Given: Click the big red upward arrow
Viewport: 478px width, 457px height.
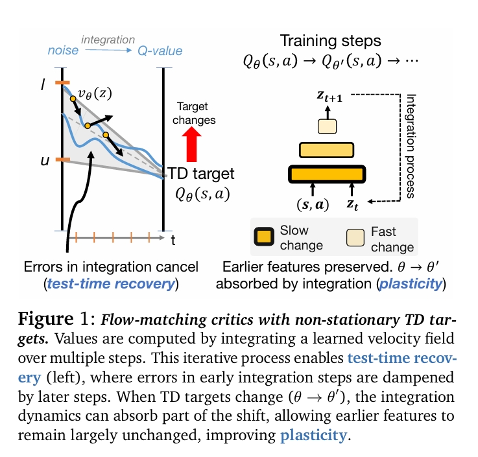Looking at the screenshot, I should point(192,143).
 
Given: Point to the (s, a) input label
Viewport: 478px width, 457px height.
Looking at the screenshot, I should point(313,205).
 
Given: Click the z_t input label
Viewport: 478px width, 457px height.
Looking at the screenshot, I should point(352,206).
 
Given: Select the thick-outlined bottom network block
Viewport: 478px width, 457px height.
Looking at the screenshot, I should point(328,174).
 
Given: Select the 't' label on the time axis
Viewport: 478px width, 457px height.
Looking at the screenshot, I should point(173,240).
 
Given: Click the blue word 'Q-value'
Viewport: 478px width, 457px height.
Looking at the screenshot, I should point(160,51).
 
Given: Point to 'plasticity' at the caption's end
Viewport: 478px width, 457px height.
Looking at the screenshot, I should point(313,435).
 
